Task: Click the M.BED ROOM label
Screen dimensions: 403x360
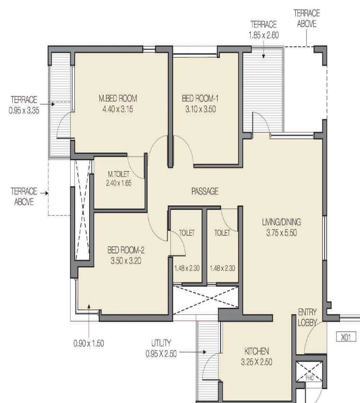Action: [x=117, y=98]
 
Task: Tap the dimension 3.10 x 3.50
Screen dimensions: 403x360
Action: [x=200, y=109]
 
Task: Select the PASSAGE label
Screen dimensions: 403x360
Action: [x=205, y=191]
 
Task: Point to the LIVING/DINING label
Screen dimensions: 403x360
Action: [x=281, y=222]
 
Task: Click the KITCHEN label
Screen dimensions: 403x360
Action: [x=257, y=351]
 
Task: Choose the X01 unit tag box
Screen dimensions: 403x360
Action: [x=346, y=337]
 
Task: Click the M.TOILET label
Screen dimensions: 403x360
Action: [x=119, y=174]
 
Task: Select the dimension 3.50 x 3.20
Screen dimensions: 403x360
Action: [x=126, y=261]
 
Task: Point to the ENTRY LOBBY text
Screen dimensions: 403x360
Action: [x=307, y=317]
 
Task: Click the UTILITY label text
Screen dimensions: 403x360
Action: [x=161, y=343]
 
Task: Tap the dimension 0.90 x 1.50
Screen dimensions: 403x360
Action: [x=88, y=343]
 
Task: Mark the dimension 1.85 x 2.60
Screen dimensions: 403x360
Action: [x=264, y=35]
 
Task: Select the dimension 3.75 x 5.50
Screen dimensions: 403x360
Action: [x=281, y=233]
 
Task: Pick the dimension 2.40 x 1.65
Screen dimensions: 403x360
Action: [x=119, y=183]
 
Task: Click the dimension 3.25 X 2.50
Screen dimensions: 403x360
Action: [x=256, y=362]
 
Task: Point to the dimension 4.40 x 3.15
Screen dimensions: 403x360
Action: [x=117, y=109]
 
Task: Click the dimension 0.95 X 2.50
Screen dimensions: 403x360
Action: [x=161, y=354]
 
